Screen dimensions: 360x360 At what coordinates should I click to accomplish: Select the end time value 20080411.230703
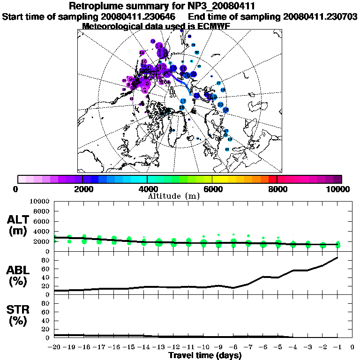320,16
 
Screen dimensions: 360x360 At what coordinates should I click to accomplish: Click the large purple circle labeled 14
162,52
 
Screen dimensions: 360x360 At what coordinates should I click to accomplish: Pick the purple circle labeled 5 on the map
148,83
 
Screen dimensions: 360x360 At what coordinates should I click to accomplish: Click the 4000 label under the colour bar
147,189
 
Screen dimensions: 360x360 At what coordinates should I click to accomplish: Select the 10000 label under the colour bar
338,189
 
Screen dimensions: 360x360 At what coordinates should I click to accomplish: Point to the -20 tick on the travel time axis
55,348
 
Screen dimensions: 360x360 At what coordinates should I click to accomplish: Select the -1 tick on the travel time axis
337,348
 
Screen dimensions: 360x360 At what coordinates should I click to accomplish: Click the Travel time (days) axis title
205,355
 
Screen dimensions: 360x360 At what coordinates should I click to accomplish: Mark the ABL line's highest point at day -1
337,257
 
